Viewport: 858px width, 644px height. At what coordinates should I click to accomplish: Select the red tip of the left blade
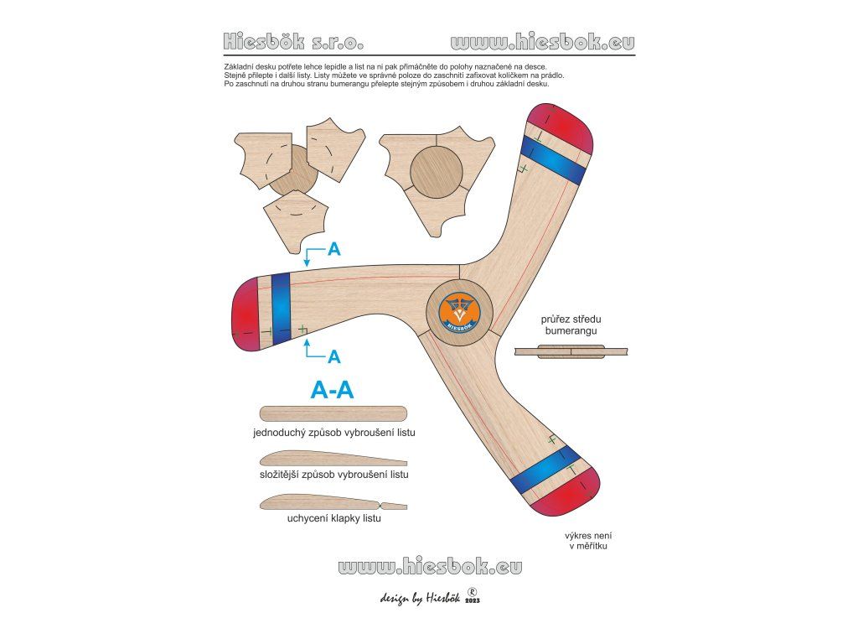(x=246, y=311)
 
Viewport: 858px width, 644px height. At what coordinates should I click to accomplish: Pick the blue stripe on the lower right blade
(x=545, y=470)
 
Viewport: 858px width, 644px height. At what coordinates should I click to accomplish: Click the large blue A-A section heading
(x=332, y=390)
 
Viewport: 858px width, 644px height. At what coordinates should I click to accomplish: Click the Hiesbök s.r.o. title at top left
(x=293, y=41)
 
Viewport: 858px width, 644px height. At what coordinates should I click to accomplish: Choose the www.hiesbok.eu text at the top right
(x=542, y=41)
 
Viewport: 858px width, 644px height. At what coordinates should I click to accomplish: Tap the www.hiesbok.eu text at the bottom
(x=430, y=567)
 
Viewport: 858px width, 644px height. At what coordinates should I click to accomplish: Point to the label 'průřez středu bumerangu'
(x=571, y=326)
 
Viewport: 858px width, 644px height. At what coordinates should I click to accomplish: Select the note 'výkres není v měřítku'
(x=586, y=541)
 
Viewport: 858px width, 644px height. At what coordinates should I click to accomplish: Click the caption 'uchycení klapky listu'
(x=333, y=518)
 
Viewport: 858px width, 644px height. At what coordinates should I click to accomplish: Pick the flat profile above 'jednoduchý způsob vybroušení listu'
(x=333, y=413)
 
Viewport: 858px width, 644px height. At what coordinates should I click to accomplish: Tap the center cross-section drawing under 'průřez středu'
(x=571, y=352)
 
